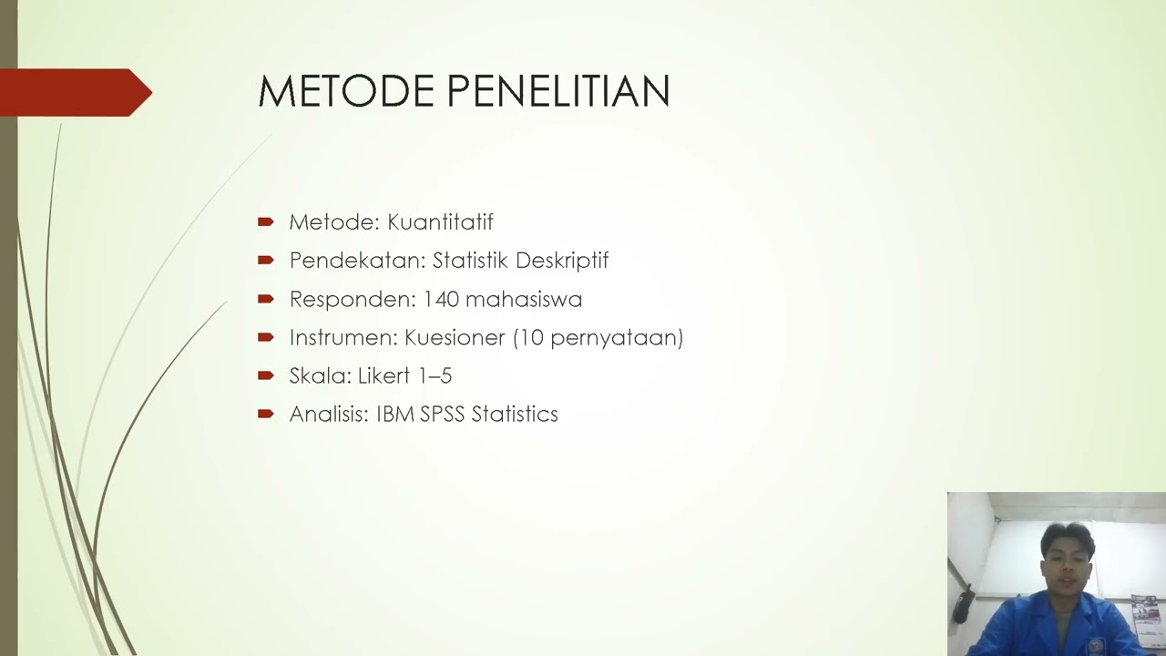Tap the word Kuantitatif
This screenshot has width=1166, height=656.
(440, 222)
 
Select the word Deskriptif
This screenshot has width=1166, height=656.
(562, 261)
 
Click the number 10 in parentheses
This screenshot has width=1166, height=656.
(533, 338)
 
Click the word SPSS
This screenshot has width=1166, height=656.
(443, 415)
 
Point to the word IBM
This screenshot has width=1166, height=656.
(395, 415)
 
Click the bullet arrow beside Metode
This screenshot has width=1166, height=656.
(266, 221)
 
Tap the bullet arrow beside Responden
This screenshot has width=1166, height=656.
(266, 299)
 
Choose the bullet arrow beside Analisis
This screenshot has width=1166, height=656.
(266, 414)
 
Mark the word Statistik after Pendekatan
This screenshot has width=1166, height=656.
(470, 261)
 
